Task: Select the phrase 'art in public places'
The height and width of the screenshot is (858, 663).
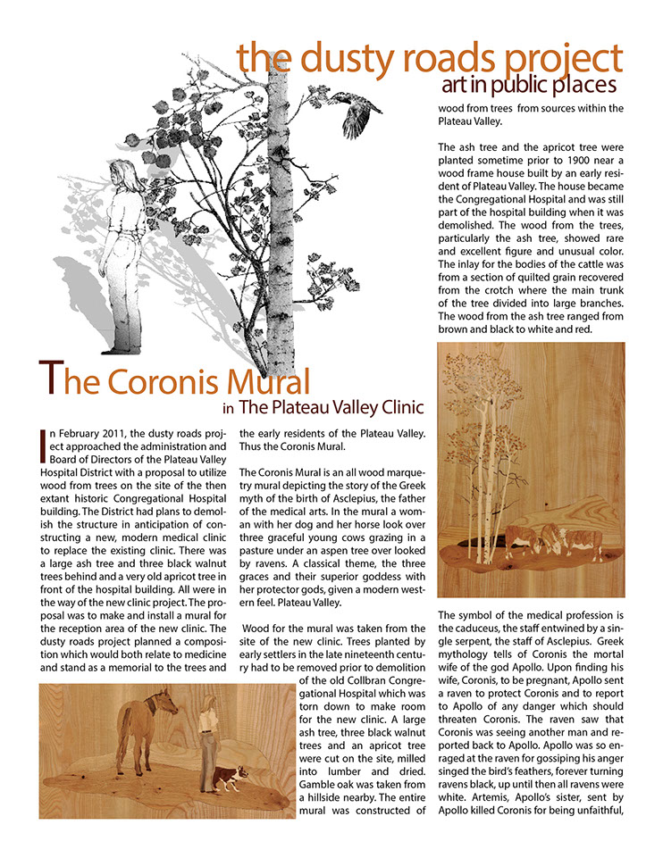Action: [529, 85]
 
